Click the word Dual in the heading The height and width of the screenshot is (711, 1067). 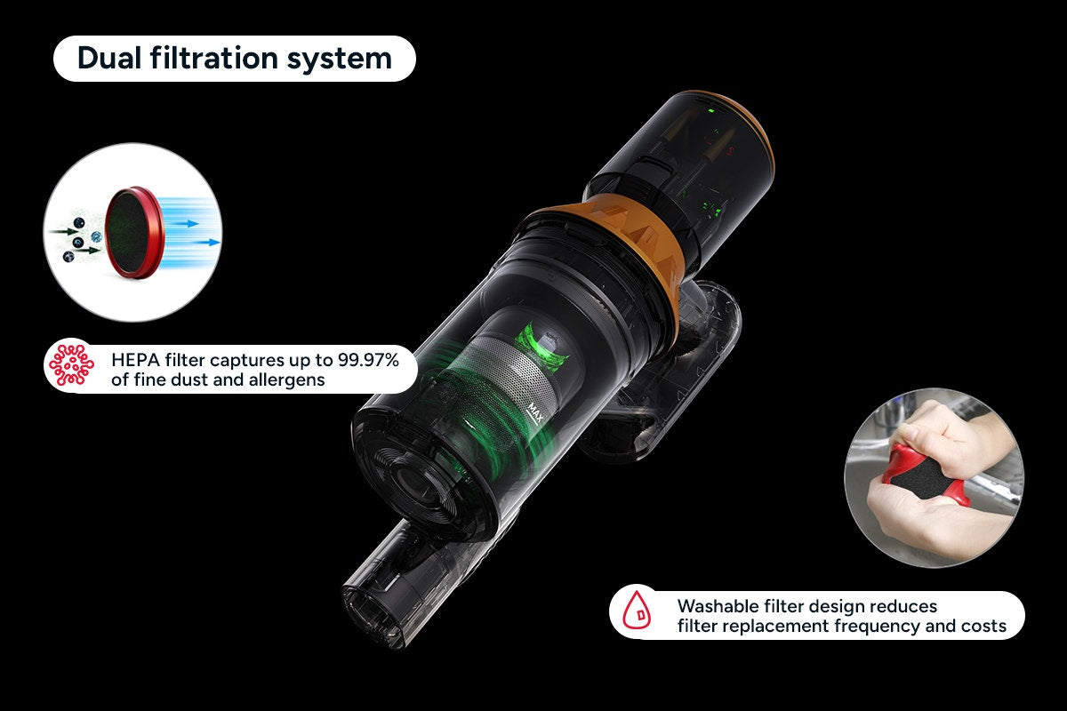(x=109, y=58)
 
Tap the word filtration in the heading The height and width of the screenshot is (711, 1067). (x=214, y=58)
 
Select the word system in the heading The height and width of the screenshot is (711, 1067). (x=339, y=59)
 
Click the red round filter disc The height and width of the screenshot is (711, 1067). (x=135, y=232)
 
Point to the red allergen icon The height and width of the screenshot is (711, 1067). (x=72, y=364)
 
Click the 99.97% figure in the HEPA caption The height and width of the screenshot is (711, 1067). (x=368, y=360)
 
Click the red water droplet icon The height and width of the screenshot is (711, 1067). (x=637, y=609)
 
